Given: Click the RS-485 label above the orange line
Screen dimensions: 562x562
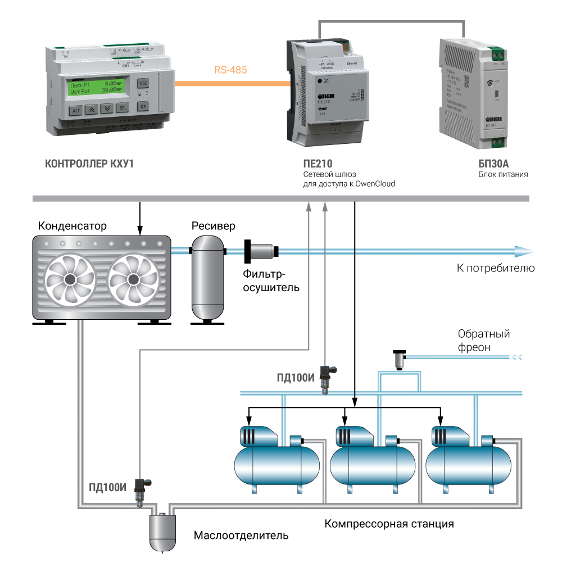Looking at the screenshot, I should [x=230, y=70].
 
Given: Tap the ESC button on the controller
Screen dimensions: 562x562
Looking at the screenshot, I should [x=143, y=82].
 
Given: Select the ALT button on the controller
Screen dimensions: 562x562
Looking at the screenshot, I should [x=76, y=110].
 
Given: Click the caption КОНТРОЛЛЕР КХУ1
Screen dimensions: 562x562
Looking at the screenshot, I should [x=90, y=165].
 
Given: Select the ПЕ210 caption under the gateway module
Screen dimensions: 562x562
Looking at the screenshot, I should [x=318, y=165].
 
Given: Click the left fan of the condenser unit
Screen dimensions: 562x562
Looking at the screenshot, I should [x=70, y=279].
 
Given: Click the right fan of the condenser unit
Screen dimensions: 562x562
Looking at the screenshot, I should [x=133, y=279].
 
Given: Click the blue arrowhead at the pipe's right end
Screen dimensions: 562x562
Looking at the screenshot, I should [x=526, y=251].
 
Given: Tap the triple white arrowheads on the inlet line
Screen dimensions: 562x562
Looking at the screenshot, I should [x=519, y=357].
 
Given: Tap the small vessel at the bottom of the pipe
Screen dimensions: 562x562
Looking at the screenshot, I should [x=164, y=531].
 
